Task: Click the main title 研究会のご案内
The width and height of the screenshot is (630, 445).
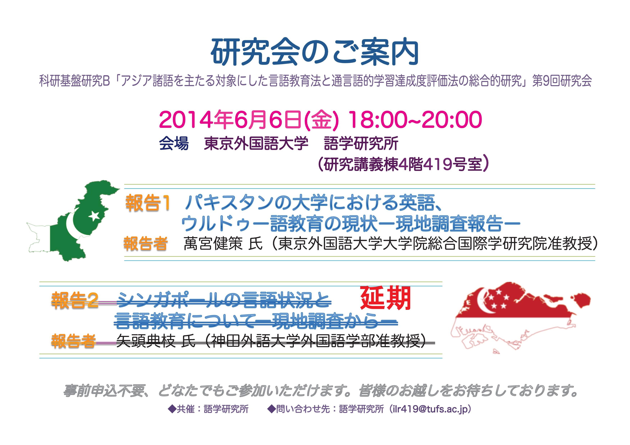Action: tap(315, 53)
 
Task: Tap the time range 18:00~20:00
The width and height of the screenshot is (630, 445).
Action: tap(415, 120)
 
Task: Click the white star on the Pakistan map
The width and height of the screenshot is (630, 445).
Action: tap(94, 216)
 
